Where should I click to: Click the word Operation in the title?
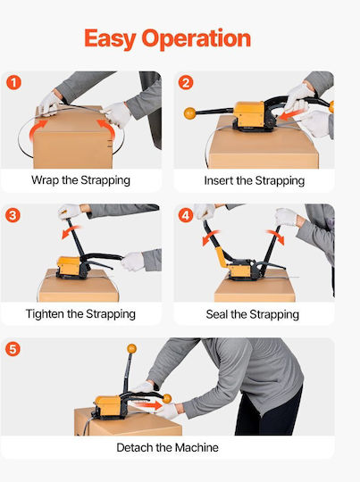[196, 38]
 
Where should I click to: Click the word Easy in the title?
[110, 39]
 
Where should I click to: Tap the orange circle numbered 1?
[13, 83]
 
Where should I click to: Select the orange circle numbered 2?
[186, 83]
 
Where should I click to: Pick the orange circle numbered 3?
[13, 215]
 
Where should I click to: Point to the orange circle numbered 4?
[186, 215]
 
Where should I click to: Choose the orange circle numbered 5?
[13, 350]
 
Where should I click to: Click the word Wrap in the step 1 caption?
[46, 180]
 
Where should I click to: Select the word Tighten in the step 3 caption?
[45, 314]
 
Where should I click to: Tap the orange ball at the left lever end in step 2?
[190, 112]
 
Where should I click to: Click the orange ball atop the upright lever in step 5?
[131, 349]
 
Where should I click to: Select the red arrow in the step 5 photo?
[148, 404]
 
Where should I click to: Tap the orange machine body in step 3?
[69, 266]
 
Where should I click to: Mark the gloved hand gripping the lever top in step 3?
[69, 212]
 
